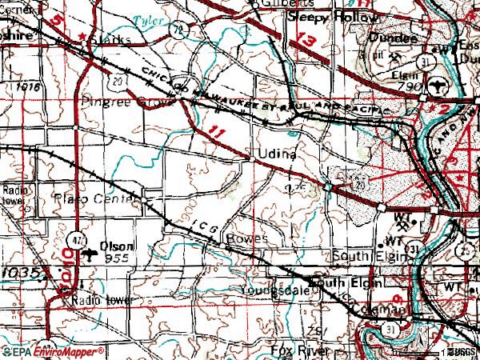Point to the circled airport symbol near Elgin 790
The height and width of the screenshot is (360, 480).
[x=438, y=82]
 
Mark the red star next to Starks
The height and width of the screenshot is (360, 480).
[x=82, y=37]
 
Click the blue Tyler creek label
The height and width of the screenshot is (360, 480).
[x=145, y=18]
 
